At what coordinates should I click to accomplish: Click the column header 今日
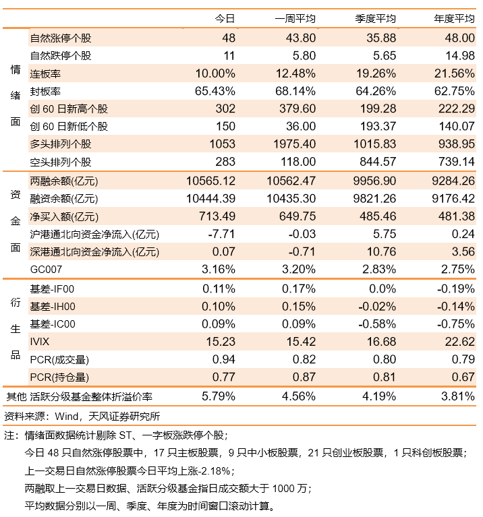tap(225, 18)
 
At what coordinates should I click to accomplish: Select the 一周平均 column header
tap(295, 18)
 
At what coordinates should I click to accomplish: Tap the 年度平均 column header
tap(454, 18)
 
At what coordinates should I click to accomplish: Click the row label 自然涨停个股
tap(61, 38)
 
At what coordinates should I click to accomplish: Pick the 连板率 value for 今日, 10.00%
tap(215, 73)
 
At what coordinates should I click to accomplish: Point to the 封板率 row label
tap(45, 91)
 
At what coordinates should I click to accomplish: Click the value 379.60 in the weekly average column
tap(297, 109)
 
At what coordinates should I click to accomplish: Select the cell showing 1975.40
tap(294, 144)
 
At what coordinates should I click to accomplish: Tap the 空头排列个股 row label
tap(61, 162)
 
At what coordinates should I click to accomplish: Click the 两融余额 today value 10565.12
tap(211, 181)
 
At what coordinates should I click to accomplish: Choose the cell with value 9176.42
tap(453, 198)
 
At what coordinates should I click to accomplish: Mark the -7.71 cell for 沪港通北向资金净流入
tap(221, 234)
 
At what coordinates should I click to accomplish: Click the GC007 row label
tap(46, 270)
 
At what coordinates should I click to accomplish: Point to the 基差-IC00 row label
tap(53, 324)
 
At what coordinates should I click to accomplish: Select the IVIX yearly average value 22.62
tap(460, 342)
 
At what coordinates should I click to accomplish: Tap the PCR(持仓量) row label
tap(59, 377)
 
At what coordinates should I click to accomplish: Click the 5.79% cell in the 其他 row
tap(219, 396)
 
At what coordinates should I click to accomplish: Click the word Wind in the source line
tap(66, 417)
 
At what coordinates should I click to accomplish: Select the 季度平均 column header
tap(376, 18)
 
